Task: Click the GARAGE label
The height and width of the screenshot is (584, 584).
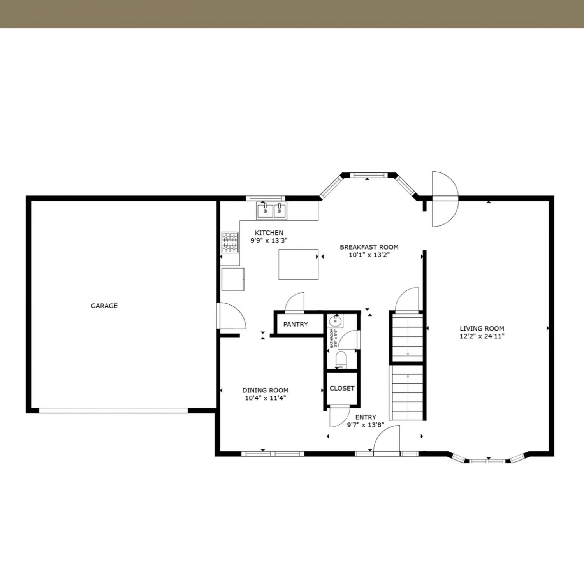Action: [104, 306]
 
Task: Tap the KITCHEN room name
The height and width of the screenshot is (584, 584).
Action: [269, 233]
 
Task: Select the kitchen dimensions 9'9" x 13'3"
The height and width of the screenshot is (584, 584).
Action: [269, 241]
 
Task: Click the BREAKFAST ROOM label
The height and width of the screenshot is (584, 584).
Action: [369, 247]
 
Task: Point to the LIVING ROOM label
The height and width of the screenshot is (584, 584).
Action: [482, 328]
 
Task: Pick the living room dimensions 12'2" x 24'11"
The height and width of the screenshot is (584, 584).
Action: [482, 336]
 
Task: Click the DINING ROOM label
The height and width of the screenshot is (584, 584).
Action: [266, 390]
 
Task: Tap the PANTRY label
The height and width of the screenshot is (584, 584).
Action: [296, 324]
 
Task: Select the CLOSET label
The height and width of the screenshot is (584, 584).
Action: [342, 388]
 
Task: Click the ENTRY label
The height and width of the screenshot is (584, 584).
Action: [366, 417]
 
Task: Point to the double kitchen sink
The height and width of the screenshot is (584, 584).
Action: [271, 211]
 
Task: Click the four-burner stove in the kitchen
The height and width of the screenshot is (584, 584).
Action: [230, 243]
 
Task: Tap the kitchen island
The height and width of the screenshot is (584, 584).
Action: [299, 264]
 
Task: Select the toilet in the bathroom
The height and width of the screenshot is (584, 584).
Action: [341, 360]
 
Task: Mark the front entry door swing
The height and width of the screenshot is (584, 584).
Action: [387, 440]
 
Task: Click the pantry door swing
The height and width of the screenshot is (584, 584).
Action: [295, 302]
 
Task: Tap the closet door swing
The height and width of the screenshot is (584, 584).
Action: [339, 417]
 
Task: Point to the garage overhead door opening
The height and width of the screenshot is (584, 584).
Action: [113, 410]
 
